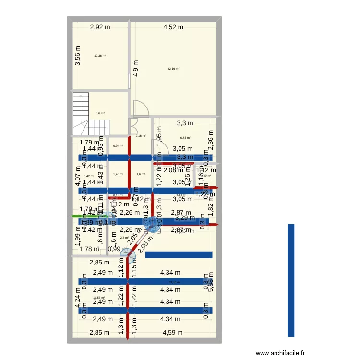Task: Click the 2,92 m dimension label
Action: pyautogui.click(x=100, y=27)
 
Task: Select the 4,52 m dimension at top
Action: pyautogui.click(x=173, y=27)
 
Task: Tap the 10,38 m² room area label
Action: pyautogui.click(x=100, y=56)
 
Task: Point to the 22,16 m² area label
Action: pyautogui.click(x=173, y=69)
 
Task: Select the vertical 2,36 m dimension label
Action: pyautogui.click(x=210, y=141)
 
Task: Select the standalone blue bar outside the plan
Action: pyautogui.click(x=290, y=281)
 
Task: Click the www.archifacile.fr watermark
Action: pyautogui.click(x=280, y=353)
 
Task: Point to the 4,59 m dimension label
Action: pyautogui.click(x=173, y=333)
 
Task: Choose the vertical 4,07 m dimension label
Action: pyautogui.click(x=78, y=175)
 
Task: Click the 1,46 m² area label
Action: pyautogui.click(x=118, y=174)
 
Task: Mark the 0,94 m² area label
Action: pyautogui.click(x=118, y=146)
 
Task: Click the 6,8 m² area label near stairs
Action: pyautogui.click(x=100, y=113)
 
